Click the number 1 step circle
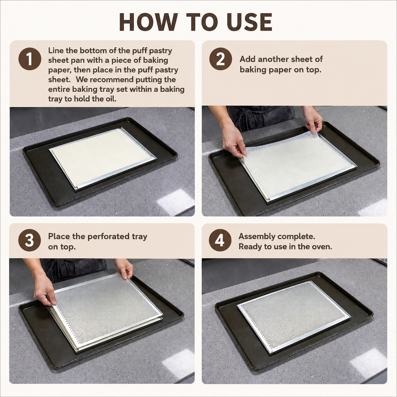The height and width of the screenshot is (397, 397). [30, 59]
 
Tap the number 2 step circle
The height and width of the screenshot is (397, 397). [221, 59]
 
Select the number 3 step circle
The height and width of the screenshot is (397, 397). [29, 240]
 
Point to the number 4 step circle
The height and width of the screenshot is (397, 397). [220, 240]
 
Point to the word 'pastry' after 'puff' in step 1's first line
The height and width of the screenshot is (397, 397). [160, 51]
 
